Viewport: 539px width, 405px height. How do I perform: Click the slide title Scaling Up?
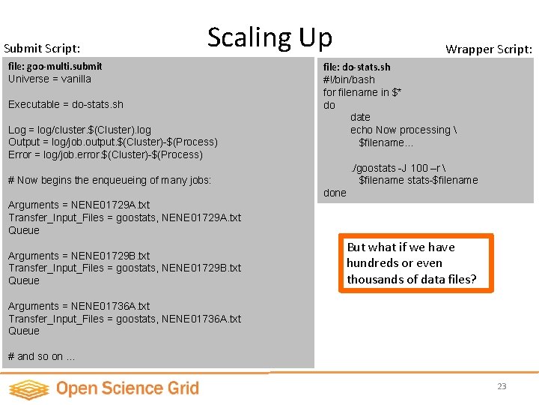point(269,37)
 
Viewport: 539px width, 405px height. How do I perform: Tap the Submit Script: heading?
point(42,48)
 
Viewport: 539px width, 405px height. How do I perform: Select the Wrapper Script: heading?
point(489,49)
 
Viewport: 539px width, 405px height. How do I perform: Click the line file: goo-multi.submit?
point(55,66)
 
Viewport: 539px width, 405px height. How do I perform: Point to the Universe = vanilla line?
point(49,79)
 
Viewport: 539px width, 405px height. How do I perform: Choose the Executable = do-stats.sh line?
point(66,104)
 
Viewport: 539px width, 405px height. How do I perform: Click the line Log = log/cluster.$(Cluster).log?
point(79,130)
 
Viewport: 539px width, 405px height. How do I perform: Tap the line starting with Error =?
point(106,154)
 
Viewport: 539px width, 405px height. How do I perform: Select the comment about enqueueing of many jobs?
point(109,180)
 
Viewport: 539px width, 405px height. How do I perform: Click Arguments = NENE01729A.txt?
point(79,205)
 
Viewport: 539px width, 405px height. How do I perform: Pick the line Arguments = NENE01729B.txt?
point(79,256)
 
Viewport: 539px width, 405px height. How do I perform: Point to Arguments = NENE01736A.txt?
point(79,306)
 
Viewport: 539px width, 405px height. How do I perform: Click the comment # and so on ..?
point(41,356)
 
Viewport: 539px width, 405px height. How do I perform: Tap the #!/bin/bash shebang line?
point(349,79)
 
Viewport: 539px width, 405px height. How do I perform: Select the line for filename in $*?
point(362,92)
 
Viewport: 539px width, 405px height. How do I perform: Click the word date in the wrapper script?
point(360,117)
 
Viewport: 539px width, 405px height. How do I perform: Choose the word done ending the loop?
point(335,193)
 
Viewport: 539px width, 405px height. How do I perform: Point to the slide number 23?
point(502,386)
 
